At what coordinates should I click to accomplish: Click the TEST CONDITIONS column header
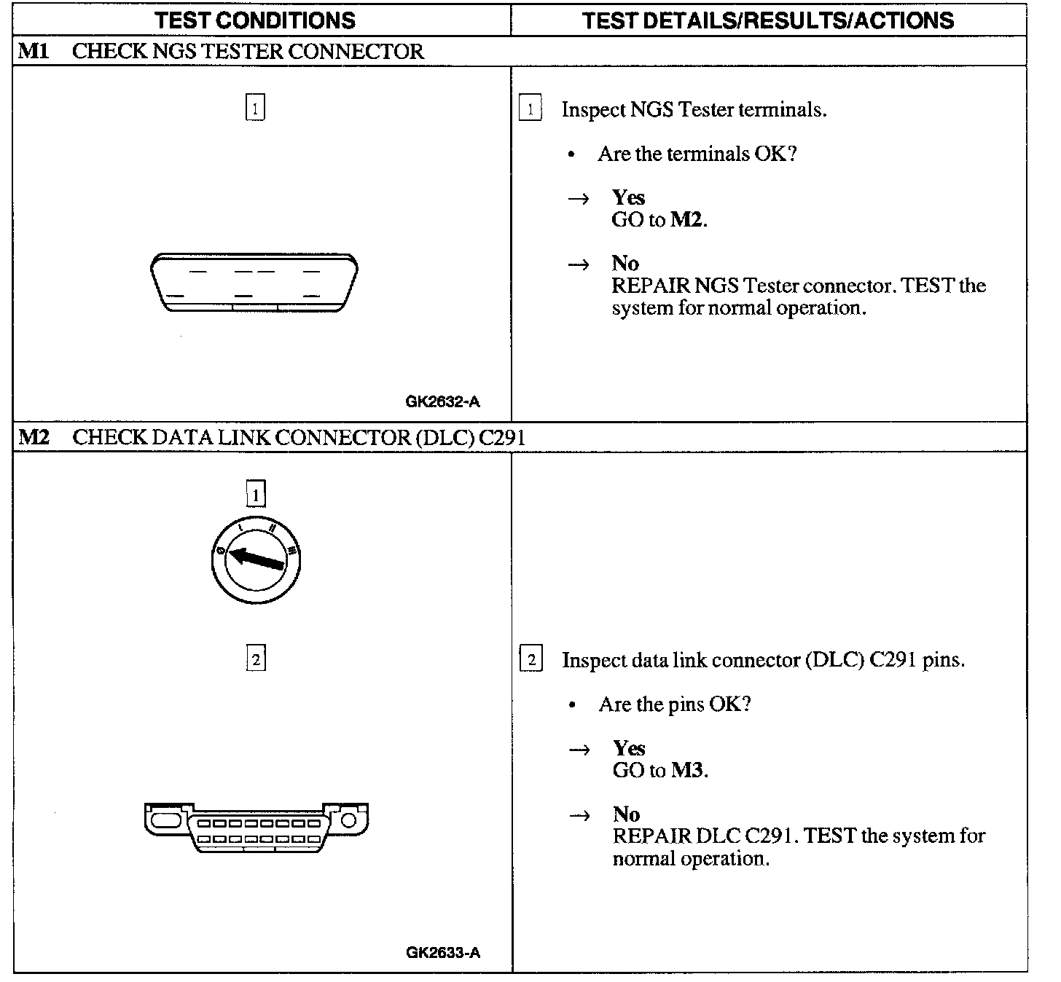point(255,20)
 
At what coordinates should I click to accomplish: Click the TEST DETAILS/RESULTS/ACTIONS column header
point(768,20)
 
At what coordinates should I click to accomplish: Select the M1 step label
point(33,51)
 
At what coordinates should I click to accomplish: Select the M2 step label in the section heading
point(34,437)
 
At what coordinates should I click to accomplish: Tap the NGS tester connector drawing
point(254,283)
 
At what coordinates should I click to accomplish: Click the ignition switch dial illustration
point(256,561)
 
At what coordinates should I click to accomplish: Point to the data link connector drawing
point(257,828)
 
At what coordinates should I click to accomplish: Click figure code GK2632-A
point(442,401)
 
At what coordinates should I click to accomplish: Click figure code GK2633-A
point(443,952)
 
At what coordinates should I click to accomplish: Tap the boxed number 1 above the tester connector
point(255,108)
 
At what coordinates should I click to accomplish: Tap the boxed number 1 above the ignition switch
point(256,495)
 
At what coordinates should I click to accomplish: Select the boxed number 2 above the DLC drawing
point(256,659)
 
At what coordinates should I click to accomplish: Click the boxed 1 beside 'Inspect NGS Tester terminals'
point(530,109)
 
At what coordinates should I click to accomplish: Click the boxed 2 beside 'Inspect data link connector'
point(530,660)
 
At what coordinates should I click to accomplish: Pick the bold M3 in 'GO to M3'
point(688,770)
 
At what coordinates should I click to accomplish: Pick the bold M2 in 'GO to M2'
point(687,219)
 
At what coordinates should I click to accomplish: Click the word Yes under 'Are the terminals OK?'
point(628,197)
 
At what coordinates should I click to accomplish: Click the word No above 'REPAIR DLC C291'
point(626,814)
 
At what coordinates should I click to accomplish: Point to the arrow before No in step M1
point(579,264)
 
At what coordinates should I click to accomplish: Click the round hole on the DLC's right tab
point(348,820)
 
